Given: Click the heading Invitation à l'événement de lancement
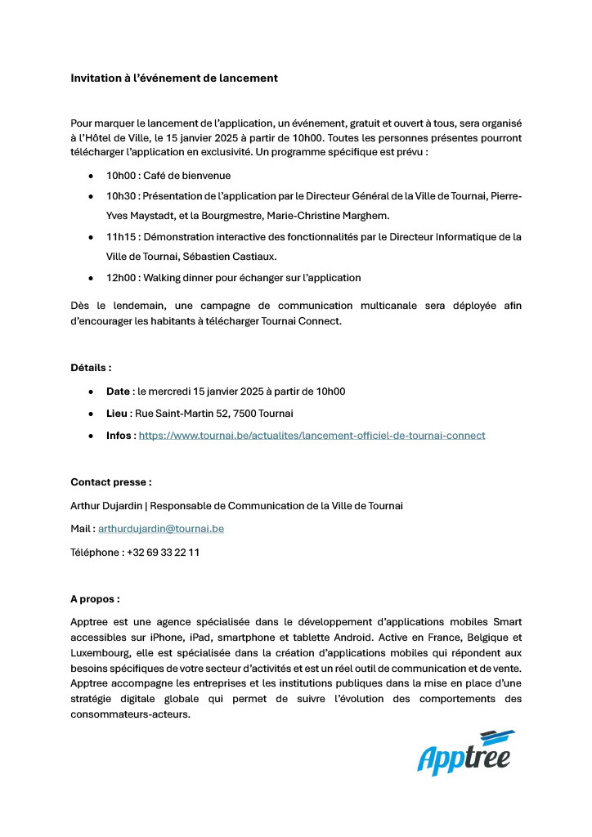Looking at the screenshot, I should (x=174, y=78).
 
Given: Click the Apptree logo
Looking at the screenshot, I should (x=464, y=753).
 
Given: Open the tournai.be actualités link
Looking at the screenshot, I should (x=312, y=436).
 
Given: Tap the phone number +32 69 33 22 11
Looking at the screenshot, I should (x=163, y=553).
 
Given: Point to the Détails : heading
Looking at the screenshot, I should (x=91, y=368).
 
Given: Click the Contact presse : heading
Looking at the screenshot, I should (x=111, y=482).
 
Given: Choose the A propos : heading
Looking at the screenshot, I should (x=95, y=599).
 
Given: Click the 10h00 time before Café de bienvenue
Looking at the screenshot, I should (x=120, y=176).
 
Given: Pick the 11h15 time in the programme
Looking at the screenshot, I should (x=119, y=237).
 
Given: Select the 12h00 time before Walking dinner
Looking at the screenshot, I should (x=120, y=278).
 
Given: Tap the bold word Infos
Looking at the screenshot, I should (x=119, y=436).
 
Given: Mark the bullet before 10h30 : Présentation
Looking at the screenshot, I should (x=91, y=197).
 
